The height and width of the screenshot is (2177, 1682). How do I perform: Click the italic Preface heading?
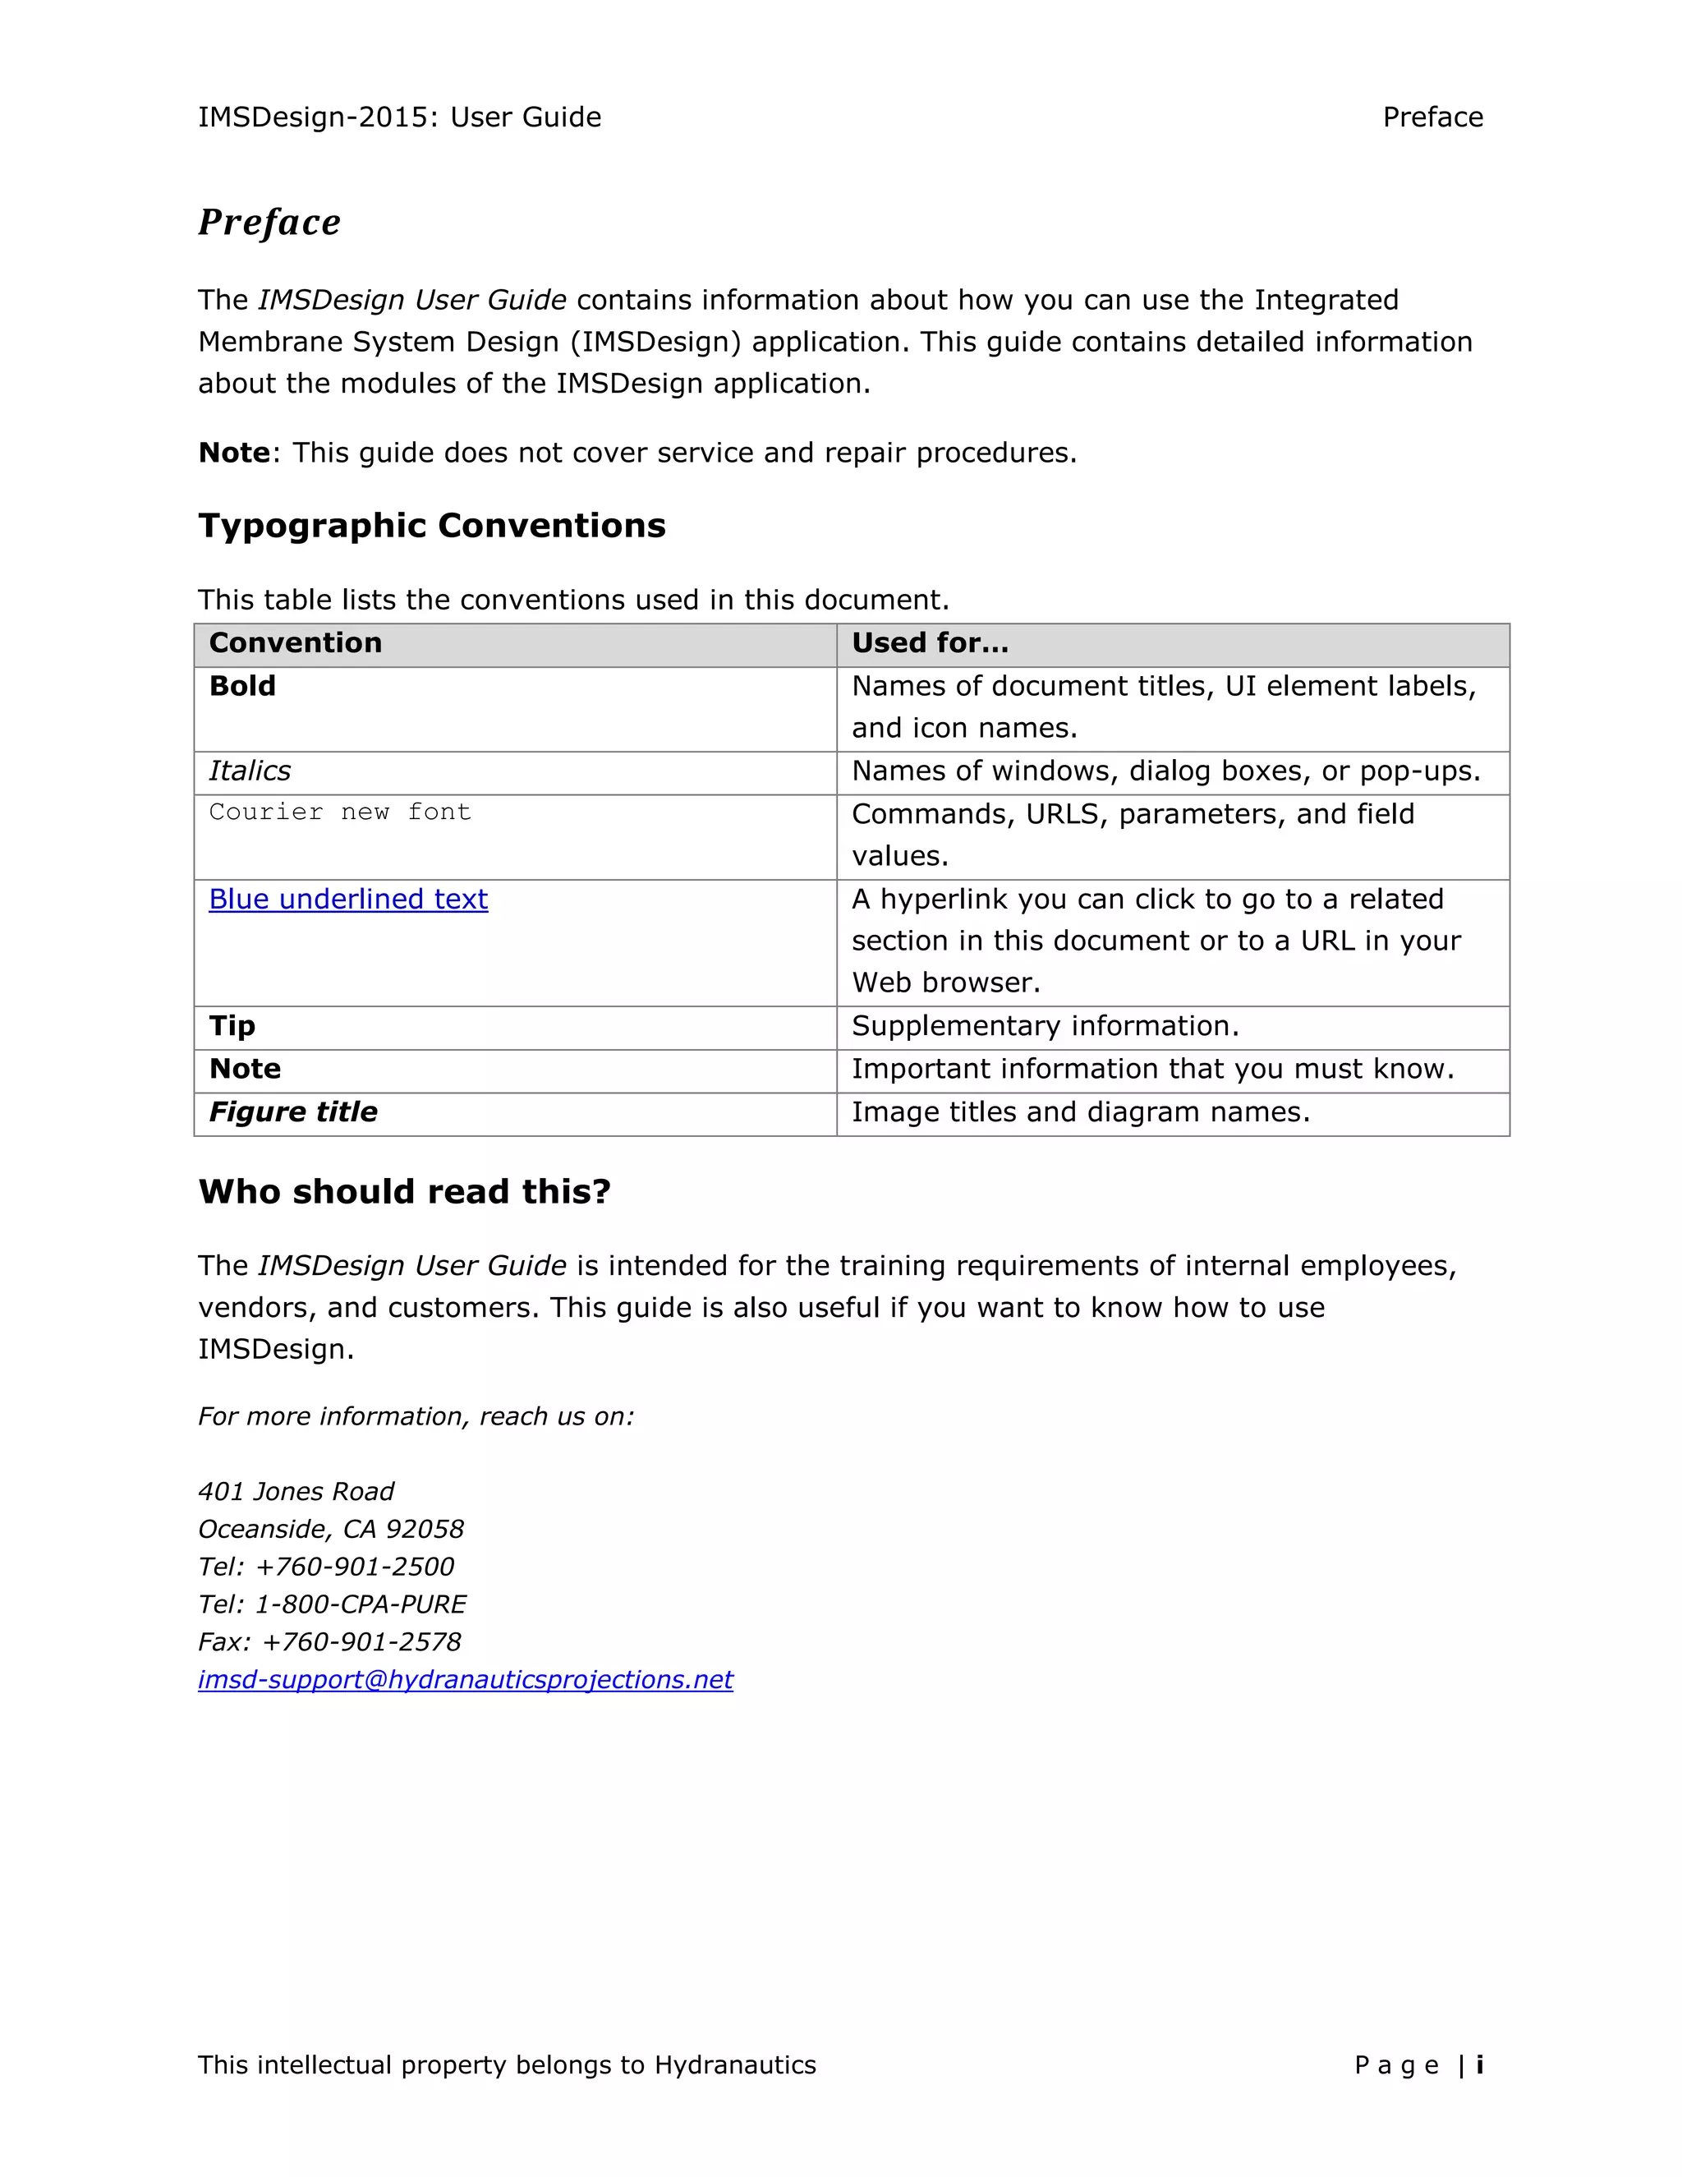tap(269, 223)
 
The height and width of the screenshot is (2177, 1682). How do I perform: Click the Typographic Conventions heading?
tap(431, 525)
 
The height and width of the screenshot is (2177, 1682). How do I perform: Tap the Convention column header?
tap(295, 643)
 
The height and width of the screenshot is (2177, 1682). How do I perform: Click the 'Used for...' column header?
tap(930, 643)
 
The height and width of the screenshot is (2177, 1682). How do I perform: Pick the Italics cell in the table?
tap(250, 771)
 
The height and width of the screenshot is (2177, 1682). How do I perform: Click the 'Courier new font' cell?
tap(340, 812)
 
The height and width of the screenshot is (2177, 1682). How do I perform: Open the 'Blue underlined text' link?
tap(347, 899)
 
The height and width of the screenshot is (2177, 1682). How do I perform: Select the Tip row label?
tap(232, 1026)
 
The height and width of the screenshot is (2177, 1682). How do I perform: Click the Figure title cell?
tap(293, 1112)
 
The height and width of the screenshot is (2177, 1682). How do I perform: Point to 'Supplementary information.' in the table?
tap(1045, 1026)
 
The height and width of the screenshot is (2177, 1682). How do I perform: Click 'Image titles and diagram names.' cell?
tap(1080, 1112)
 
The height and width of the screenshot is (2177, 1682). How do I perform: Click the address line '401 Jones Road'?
tap(296, 1491)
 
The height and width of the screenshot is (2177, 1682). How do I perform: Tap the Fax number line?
tap(329, 1641)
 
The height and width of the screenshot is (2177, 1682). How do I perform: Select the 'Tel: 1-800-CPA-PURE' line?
tap(332, 1604)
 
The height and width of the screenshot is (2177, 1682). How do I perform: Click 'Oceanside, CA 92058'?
tap(331, 1529)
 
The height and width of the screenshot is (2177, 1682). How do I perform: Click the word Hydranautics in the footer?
tap(734, 2065)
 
